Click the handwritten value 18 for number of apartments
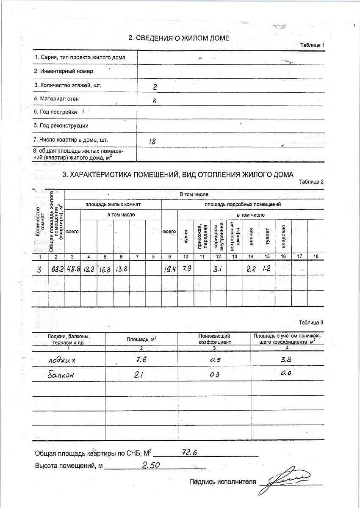pyautogui.click(x=152, y=142)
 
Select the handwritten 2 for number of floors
pyautogui.click(x=155, y=87)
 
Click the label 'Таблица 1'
pyautogui.click(x=313, y=45)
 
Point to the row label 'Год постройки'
pyautogui.click(x=55, y=112)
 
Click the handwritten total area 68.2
pyautogui.click(x=56, y=269)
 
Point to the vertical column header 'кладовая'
pyautogui.click(x=284, y=236)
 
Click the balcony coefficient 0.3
pyautogui.click(x=215, y=375)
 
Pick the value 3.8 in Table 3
pyautogui.click(x=287, y=359)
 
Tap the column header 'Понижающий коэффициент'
pyautogui.click(x=215, y=339)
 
